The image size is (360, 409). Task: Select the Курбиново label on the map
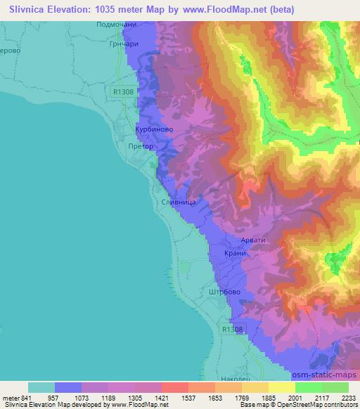pos(153,130)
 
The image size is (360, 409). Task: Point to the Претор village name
pos(141,148)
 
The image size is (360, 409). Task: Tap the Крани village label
pos(234,254)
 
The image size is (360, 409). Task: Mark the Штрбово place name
pos(225,292)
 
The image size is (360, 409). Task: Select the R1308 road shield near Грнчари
pos(122,91)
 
